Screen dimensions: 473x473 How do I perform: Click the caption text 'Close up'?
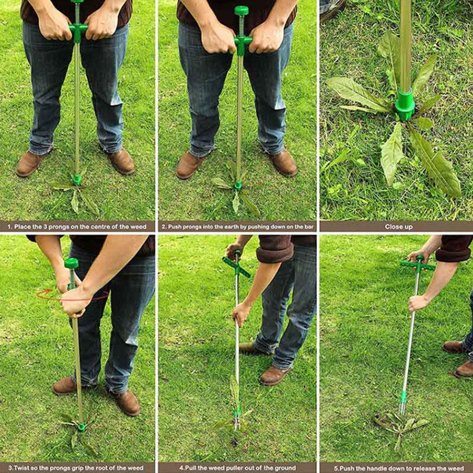coord(399,226)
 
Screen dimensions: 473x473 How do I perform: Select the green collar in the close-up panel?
coord(405,105)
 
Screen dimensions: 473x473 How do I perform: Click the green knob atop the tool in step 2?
coord(241,11)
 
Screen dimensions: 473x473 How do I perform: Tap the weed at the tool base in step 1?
coord(76,190)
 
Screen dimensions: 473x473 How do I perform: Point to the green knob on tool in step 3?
coord(72,263)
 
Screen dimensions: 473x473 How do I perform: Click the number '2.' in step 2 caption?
coord(164,226)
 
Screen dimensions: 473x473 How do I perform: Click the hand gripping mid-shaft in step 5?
coord(418,303)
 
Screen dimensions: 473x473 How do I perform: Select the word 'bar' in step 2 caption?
coord(309,226)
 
